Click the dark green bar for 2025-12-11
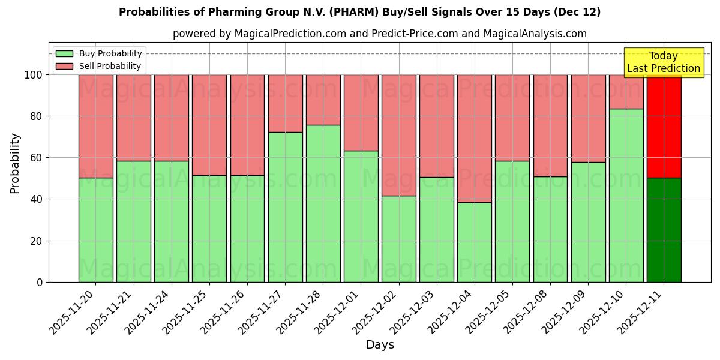click(x=664, y=230)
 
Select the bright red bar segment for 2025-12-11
click(x=664, y=126)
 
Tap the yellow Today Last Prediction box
click(x=663, y=62)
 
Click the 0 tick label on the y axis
click(x=40, y=282)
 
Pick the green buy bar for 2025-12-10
click(x=626, y=195)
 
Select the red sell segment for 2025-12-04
click(x=474, y=138)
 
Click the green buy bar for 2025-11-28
click(x=323, y=203)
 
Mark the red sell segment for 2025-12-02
click(x=398, y=135)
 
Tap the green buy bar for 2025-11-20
click(x=95, y=230)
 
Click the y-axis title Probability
click(x=15, y=163)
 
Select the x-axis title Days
click(x=380, y=345)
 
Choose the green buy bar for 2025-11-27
click(x=285, y=207)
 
